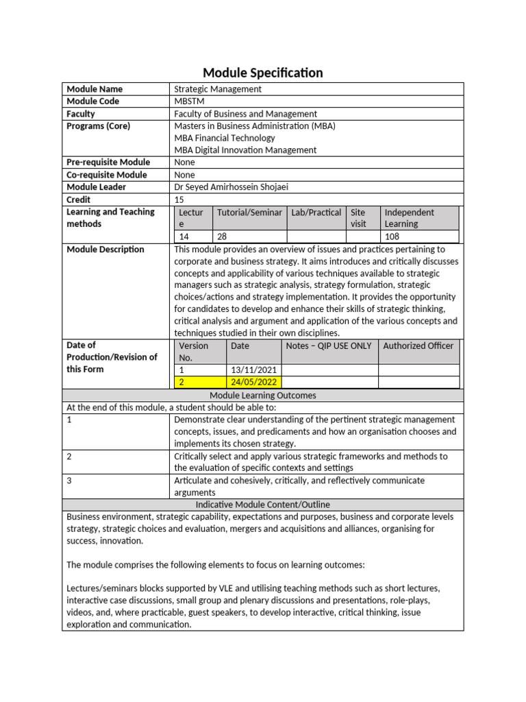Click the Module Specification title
[263, 73]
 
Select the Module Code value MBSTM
[195, 101]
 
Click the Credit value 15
[180, 199]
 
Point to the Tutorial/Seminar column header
[249, 213]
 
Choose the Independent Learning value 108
[393, 237]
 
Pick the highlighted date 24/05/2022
[253, 383]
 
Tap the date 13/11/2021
[253, 370]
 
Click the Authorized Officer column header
[418, 346]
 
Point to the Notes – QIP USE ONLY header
[328, 346]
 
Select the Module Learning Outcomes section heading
[263, 396]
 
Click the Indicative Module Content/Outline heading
[263, 505]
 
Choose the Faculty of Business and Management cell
[245, 114]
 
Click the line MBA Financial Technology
[225, 138]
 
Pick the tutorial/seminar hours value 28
[222, 237]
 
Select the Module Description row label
[105, 250]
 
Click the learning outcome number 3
[70, 481]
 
